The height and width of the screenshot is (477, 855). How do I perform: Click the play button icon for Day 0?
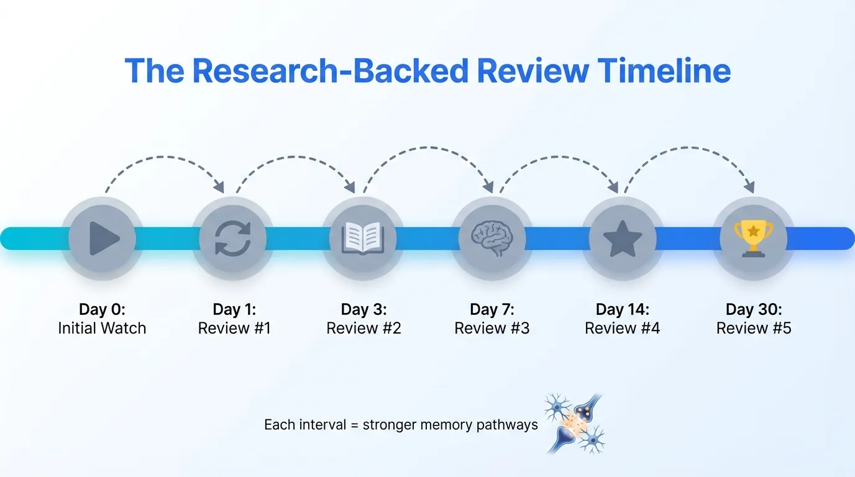103,238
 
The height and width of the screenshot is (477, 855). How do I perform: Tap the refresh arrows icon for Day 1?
233,238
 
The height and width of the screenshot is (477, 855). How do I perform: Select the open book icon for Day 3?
363,238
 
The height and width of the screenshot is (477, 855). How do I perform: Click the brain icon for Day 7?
492,238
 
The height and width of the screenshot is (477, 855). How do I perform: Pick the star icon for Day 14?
622,238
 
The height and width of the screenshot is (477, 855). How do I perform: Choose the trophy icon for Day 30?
753,238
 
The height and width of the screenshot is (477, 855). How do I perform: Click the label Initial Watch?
102,328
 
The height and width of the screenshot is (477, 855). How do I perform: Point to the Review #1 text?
234,328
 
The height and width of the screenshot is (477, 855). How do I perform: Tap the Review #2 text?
363,328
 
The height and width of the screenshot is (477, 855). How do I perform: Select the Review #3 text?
492,328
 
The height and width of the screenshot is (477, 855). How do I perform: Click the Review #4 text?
622,328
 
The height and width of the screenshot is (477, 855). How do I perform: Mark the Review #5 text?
754,328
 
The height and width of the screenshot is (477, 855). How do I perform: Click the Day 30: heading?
754,309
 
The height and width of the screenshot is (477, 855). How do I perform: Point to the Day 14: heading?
622,309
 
